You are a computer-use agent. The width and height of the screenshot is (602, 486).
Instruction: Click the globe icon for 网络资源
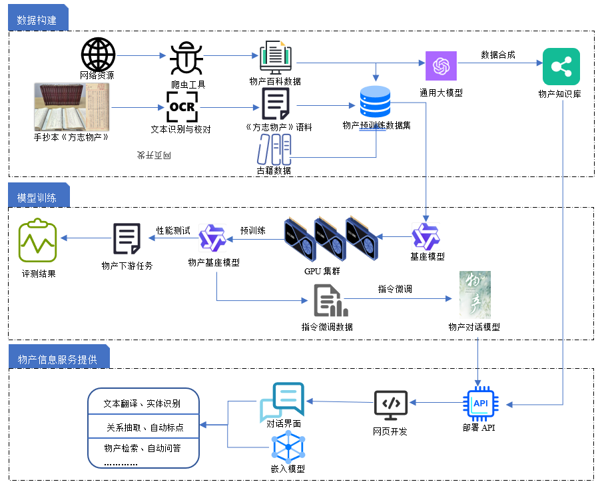[x=98, y=55]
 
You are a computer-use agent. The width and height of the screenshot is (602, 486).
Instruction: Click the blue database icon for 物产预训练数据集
[x=375, y=102]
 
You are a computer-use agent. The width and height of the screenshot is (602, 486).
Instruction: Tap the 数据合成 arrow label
[x=497, y=55]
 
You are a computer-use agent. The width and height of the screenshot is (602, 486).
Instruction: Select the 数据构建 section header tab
[x=37, y=18]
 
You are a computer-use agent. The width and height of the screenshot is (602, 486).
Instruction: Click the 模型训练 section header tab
[x=37, y=198]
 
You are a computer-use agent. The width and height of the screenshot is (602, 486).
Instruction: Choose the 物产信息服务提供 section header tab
[x=57, y=360]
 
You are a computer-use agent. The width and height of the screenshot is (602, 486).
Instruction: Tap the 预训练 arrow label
[x=252, y=231]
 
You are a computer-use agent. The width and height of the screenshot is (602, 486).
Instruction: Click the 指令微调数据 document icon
[x=330, y=301]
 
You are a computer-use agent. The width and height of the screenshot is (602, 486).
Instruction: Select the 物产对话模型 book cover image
[x=475, y=294]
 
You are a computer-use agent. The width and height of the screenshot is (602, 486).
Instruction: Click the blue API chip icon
[x=479, y=403]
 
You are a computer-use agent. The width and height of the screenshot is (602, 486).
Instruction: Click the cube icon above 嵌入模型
[x=288, y=447]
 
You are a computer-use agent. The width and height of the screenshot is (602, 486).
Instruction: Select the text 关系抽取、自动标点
[x=145, y=427]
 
